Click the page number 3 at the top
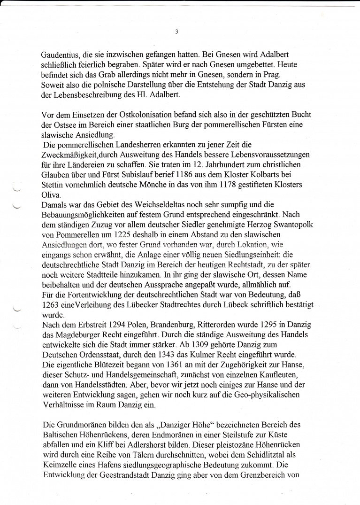pyautogui.click(x=176, y=32)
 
